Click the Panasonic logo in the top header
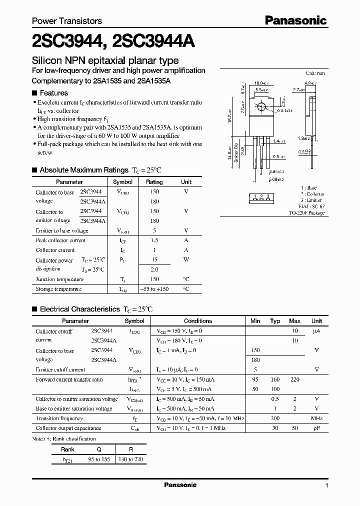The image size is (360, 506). [295, 20]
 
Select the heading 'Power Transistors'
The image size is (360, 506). [67, 21]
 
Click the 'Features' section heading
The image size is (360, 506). [53, 92]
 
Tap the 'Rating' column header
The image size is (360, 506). [154, 182]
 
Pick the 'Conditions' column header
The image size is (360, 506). [198, 321]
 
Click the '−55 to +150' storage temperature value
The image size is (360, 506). [154, 289]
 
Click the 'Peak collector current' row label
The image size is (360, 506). [60, 240]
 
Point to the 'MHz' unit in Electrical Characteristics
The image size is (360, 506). [316, 418]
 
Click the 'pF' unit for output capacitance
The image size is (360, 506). [316, 428]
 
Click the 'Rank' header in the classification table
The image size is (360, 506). [67, 449]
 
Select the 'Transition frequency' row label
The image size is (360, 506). [59, 418]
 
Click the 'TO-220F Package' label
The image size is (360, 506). [306, 213]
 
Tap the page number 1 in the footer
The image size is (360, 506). [326, 485]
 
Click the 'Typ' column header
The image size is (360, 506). [275, 321]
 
